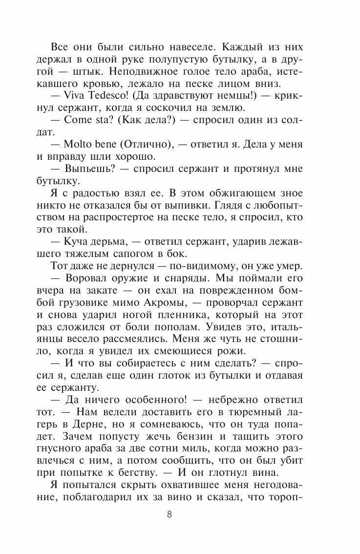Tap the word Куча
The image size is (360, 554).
(76, 243)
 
